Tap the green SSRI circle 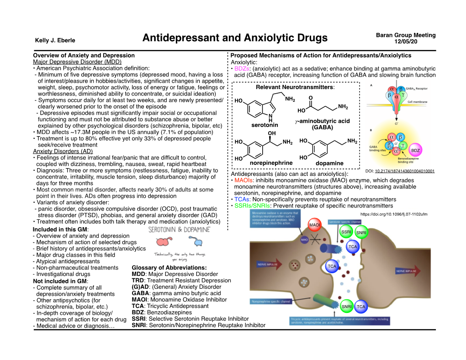(346, 232)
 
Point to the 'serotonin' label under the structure (265, 125)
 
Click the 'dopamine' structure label (329, 163)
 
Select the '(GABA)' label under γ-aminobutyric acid (323, 128)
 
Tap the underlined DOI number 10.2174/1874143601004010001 (405, 171)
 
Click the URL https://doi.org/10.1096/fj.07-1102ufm (394, 213)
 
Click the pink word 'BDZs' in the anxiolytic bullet (243, 69)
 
